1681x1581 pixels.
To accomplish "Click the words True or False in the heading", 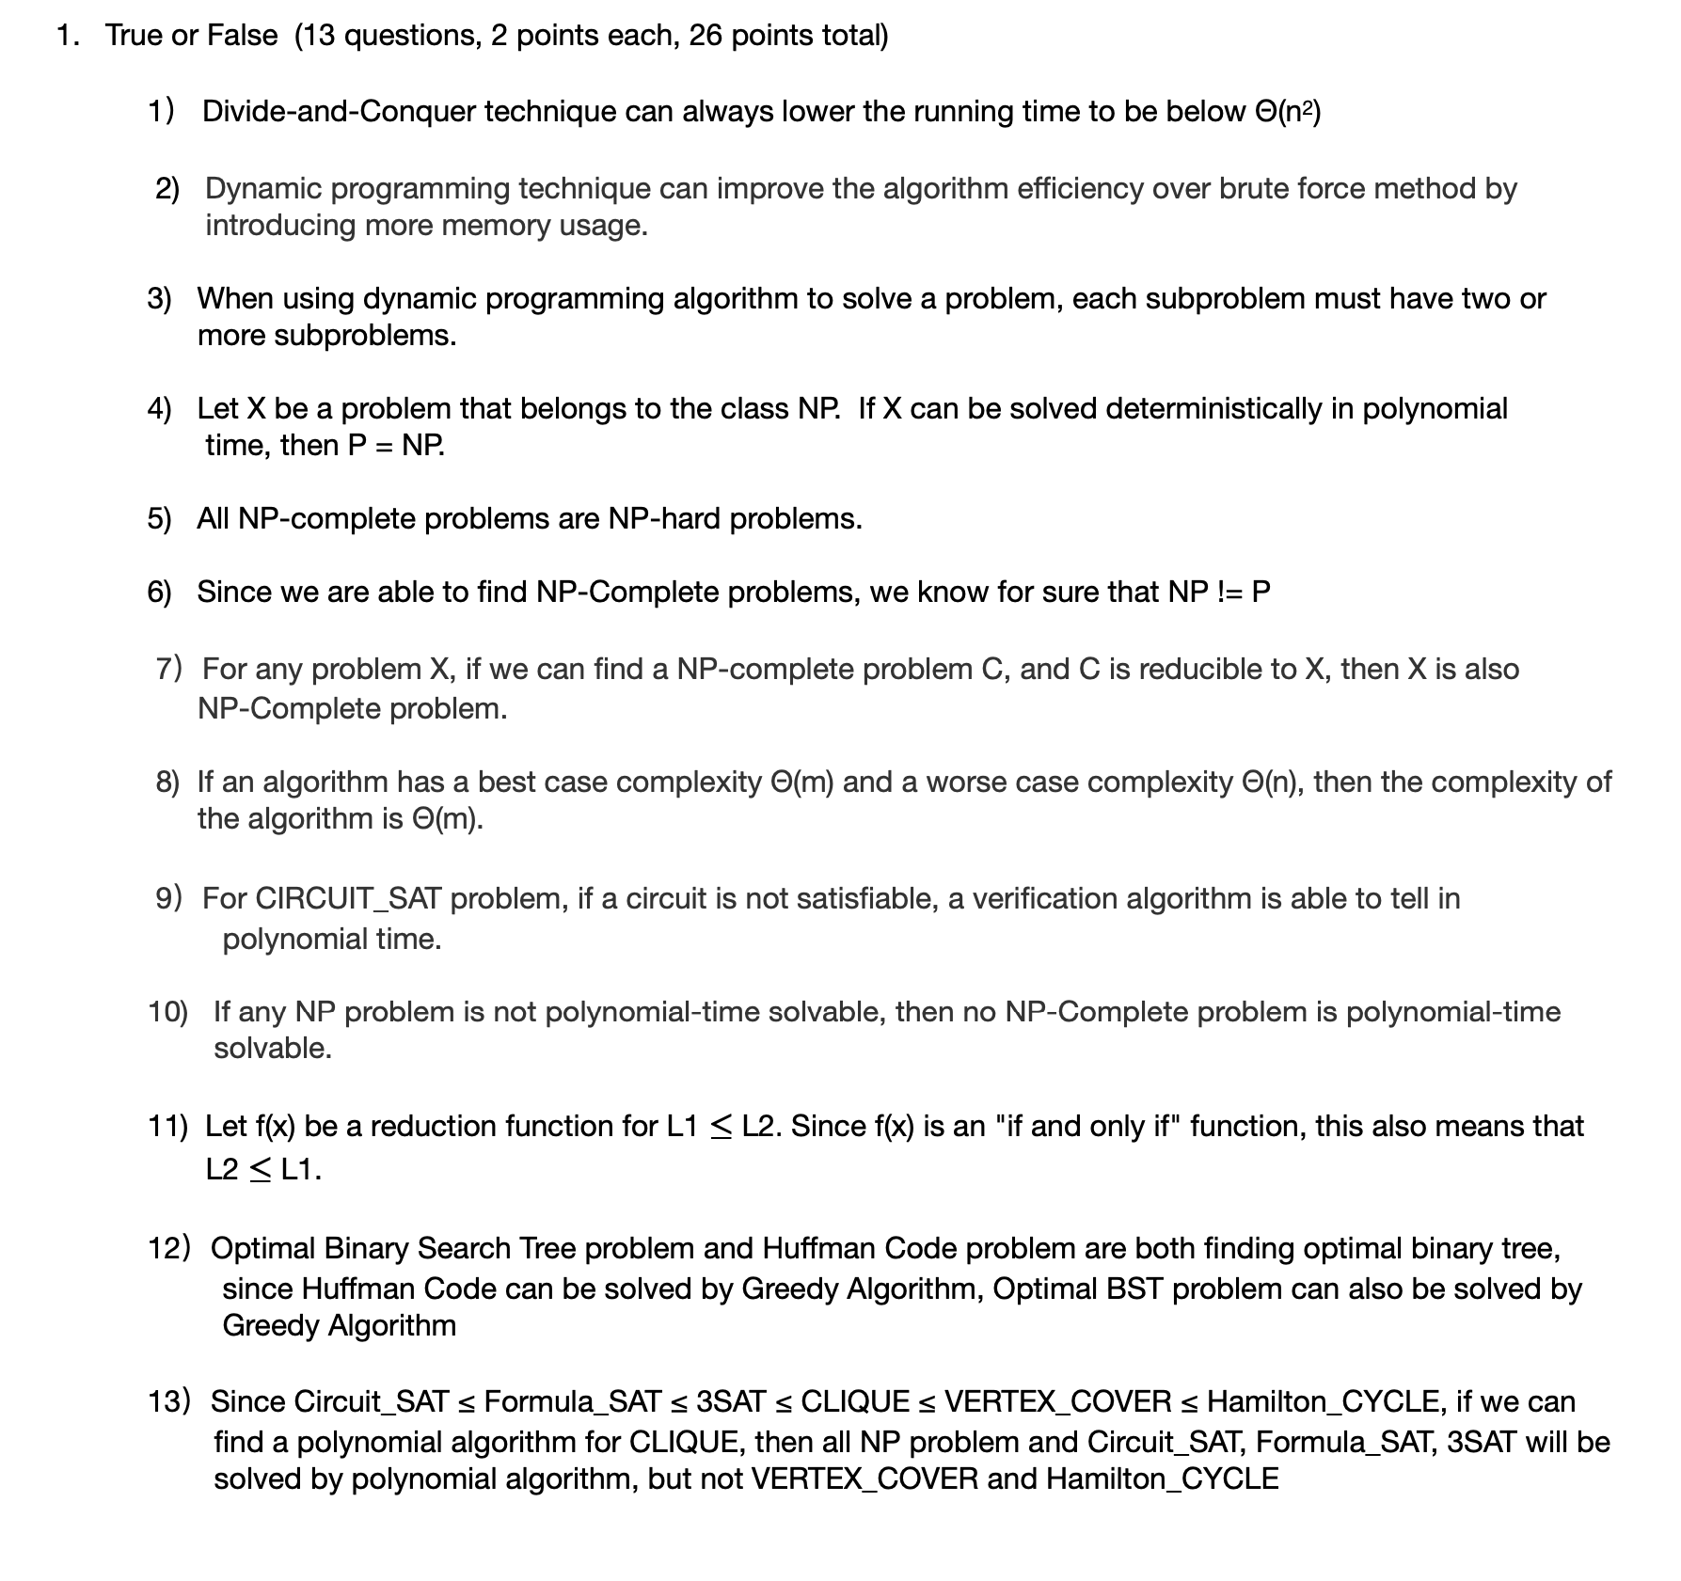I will [191, 36].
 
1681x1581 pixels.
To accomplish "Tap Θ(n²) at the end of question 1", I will [1288, 112].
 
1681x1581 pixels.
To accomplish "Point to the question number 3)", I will [159, 299].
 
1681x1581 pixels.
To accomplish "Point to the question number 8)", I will [167, 783].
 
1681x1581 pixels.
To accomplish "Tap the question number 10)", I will [167, 1013].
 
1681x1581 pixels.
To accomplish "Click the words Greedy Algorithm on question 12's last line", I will [339, 1326].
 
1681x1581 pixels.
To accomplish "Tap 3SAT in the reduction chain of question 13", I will [730, 1402].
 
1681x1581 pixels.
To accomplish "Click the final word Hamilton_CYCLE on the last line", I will [1162, 1479].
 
